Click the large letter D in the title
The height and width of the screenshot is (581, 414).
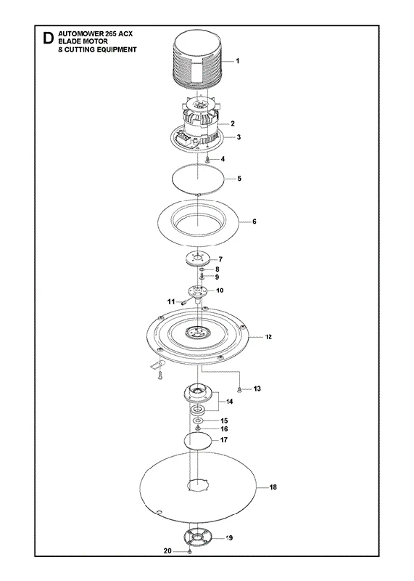[48, 39]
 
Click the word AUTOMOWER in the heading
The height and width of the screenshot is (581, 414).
[76, 33]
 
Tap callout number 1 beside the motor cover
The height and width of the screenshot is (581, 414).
[238, 61]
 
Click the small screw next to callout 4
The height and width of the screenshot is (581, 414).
[208, 160]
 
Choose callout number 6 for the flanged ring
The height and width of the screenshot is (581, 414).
[254, 222]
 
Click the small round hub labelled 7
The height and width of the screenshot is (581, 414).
[198, 258]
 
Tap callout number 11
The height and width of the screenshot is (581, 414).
[170, 301]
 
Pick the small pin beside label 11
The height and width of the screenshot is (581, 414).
[183, 301]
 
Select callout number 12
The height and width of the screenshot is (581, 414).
[268, 337]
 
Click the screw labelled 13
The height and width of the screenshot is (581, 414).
[239, 389]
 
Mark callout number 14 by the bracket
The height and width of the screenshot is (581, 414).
[229, 402]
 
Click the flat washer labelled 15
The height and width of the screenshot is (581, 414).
[199, 421]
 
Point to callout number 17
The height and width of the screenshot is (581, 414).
[224, 440]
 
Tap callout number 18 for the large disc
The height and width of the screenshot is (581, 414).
[273, 487]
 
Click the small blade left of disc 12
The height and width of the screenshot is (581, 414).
[157, 365]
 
